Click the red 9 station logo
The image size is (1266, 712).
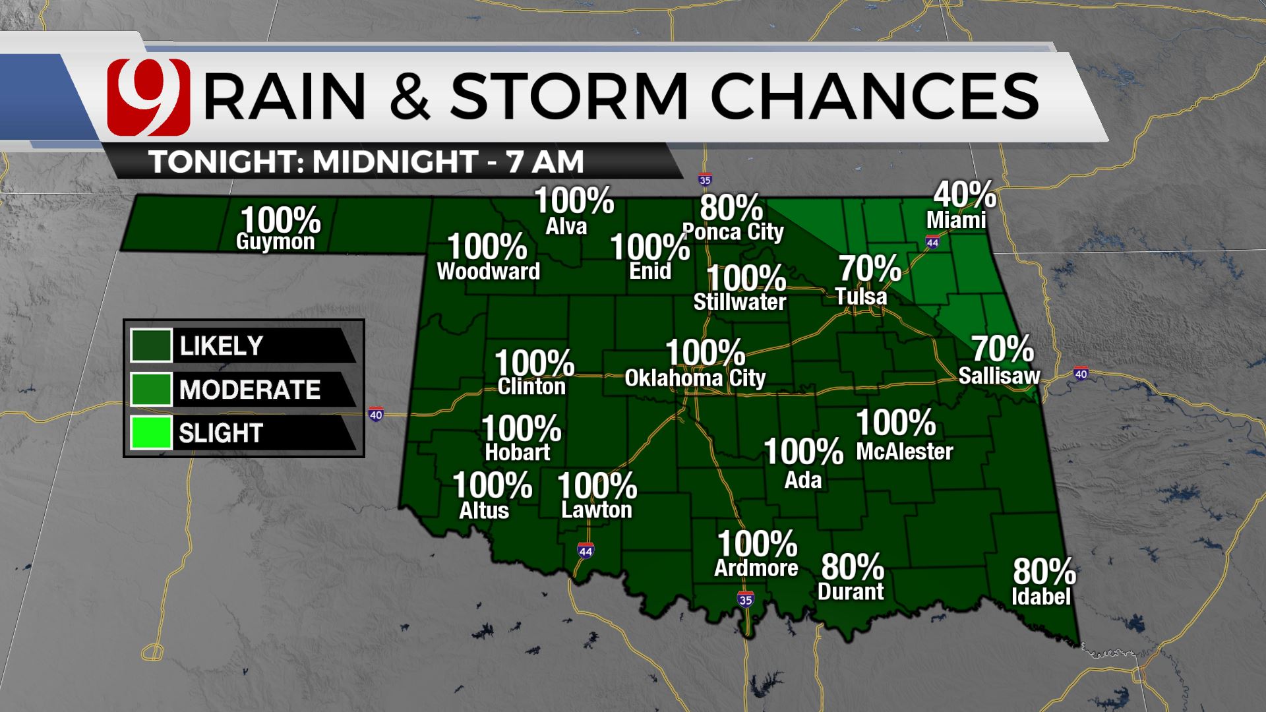tap(148, 96)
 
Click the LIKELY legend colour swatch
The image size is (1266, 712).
tap(151, 345)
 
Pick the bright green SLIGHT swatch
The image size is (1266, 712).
tap(151, 432)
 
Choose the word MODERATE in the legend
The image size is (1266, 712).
tap(250, 390)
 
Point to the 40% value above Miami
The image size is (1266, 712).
tap(965, 194)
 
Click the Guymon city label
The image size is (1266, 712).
tap(276, 242)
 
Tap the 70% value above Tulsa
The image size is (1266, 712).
tap(870, 269)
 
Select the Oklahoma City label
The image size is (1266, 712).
tap(695, 378)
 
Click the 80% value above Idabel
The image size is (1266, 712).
tap(1044, 572)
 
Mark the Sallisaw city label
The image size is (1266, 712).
tap(999, 376)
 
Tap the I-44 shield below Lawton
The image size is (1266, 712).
tap(585, 550)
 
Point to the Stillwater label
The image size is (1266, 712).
tap(740, 302)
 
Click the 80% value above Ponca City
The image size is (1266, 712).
tap(731, 208)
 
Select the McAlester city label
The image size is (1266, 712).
tap(905, 452)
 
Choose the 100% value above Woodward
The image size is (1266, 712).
tap(487, 247)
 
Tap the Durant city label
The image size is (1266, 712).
tap(851, 591)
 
